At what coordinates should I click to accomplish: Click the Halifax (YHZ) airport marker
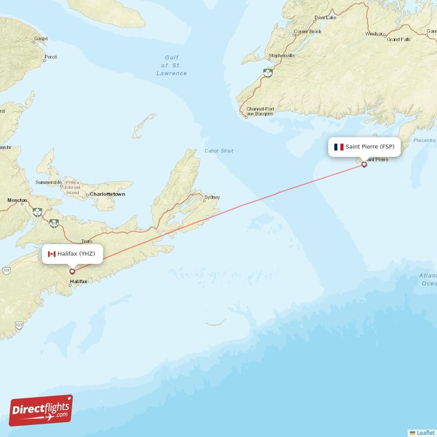72,271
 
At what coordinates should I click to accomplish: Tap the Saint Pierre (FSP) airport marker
364,164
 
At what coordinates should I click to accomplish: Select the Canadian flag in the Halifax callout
52,254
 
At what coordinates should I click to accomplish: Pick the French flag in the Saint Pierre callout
339,147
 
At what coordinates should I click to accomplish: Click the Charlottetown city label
108,194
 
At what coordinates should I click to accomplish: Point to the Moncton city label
16,200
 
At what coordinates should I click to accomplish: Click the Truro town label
86,241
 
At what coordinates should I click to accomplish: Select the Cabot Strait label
218,151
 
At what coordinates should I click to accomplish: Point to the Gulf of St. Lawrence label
172,65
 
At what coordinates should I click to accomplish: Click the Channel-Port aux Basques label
260,111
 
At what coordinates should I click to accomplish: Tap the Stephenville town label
282,56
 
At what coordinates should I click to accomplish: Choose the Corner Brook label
308,32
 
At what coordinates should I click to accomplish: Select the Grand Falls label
398,39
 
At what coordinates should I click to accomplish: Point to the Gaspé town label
41,38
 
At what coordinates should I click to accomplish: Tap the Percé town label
51,57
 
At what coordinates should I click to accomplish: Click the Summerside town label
49,182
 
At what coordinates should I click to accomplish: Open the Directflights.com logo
41,411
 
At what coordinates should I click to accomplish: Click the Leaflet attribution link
425,433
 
